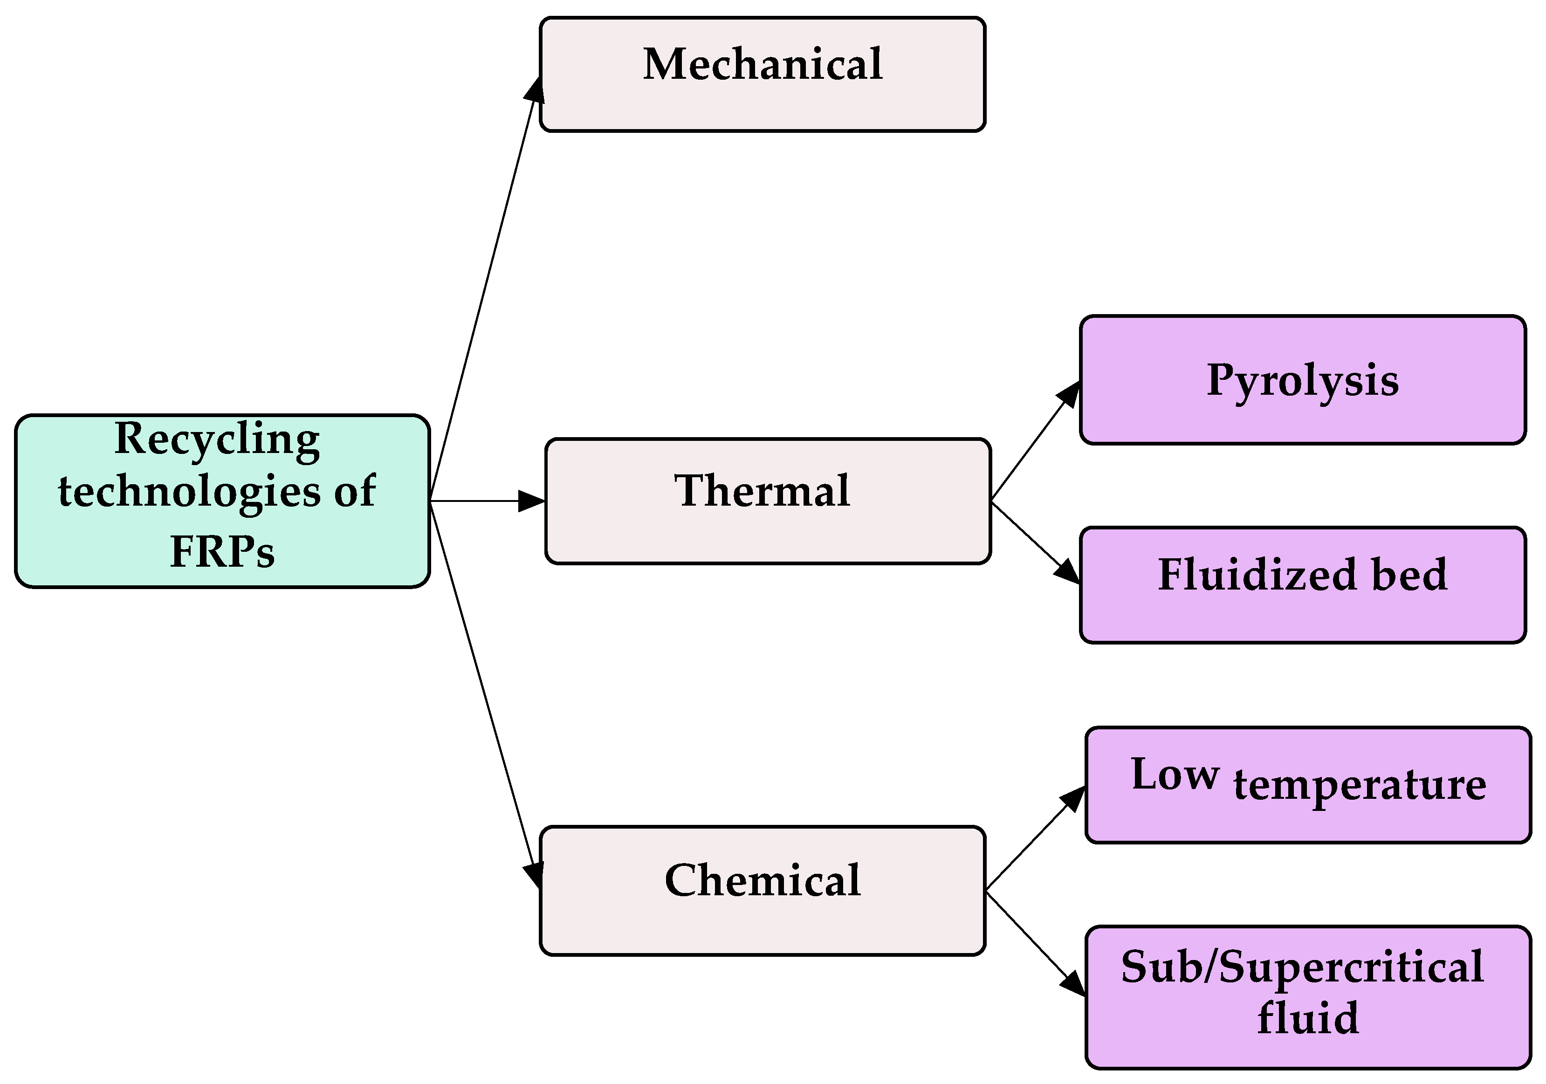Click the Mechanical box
tap(762, 74)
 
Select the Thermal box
tap(768, 501)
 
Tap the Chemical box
tap(762, 890)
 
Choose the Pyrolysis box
tap(1302, 380)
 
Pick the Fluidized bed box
tap(1302, 584)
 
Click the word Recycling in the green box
tap(217, 439)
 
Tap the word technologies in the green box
tap(189, 492)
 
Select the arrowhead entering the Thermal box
tap(532, 501)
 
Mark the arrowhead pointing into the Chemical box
tap(533, 875)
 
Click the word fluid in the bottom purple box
tap(1308, 1018)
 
